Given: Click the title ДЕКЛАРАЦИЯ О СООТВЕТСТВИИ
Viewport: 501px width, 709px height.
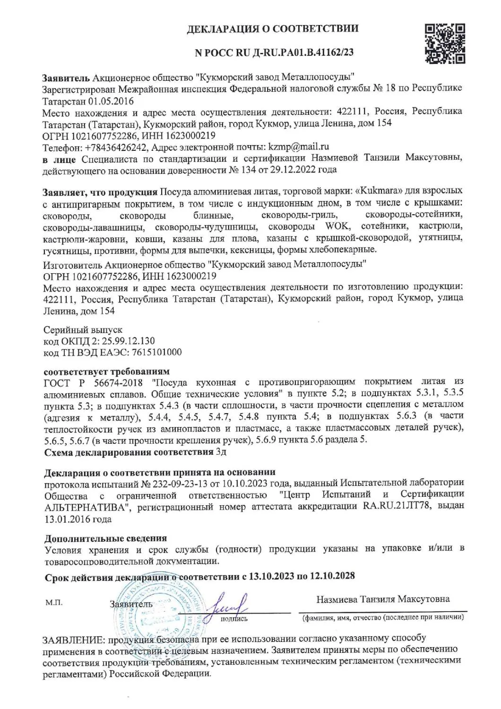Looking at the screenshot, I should coord(273,29).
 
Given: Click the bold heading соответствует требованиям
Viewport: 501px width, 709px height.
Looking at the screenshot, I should coord(106,370).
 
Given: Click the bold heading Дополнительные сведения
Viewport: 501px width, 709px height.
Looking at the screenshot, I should coord(105,538).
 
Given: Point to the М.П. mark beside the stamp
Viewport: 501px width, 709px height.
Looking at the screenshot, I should coord(54,603).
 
